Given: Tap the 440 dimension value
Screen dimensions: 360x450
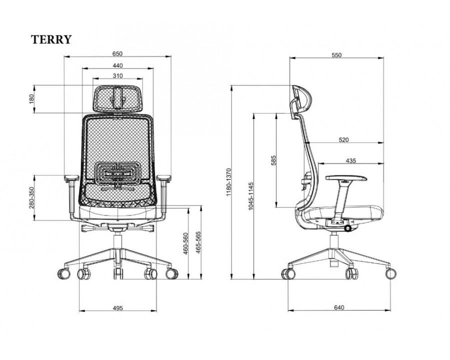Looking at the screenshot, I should (x=117, y=65).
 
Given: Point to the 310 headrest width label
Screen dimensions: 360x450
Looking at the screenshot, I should (x=117, y=76).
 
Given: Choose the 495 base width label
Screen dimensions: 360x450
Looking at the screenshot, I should (x=117, y=308).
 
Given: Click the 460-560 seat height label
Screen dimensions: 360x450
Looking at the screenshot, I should (x=185, y=243).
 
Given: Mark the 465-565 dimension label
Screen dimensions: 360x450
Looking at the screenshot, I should (x=198, y=243).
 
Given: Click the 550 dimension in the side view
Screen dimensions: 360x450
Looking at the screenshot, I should (x=336, y=55).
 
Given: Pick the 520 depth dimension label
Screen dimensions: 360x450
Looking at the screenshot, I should (x=343, y=140).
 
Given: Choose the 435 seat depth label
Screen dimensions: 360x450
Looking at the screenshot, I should (x=350, y=160).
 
